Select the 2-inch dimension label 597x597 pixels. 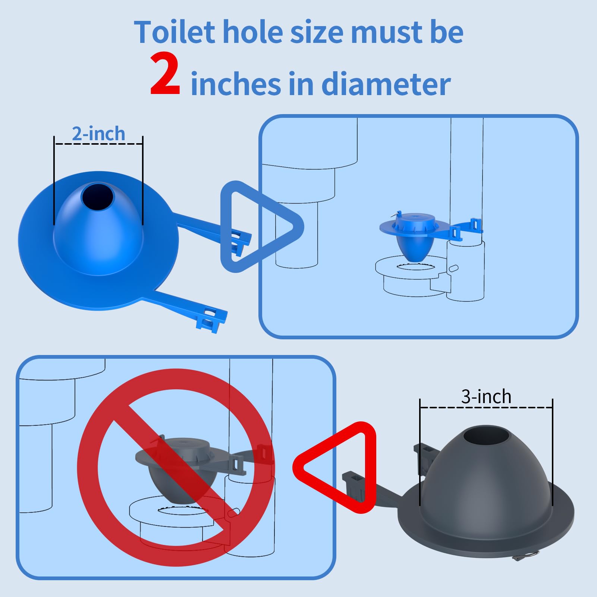click(x=98, y=133)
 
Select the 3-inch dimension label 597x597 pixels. click(x=486, y=396)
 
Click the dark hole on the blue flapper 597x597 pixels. click(x=98, y=197)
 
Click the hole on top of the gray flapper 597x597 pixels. click(x=486, y=437)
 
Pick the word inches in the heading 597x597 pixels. click(x=236, y=84)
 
